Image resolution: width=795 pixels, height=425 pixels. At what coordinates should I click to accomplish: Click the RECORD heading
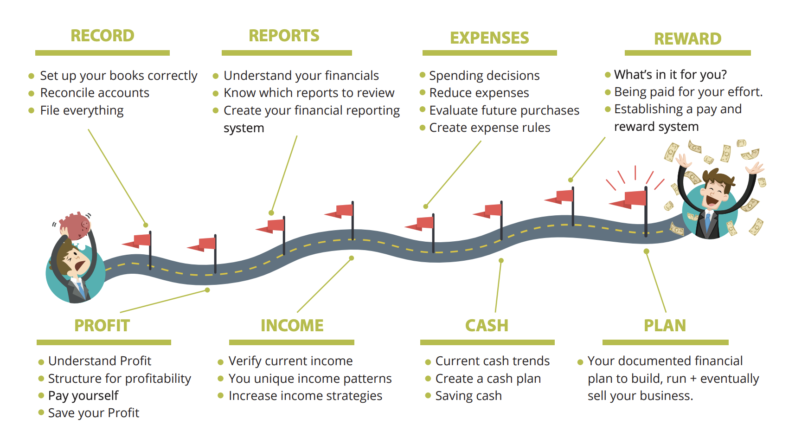click(x=102, y=36)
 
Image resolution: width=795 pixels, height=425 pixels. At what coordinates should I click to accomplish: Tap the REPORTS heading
click(x=284, y=36)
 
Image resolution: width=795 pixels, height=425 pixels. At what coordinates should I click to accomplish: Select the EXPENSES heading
click(x=489, y=38)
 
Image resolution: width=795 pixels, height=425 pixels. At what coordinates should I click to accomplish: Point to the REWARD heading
click(x=687, y=39)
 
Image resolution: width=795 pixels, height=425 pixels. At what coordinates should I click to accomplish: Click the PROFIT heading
click(x=102, y=326)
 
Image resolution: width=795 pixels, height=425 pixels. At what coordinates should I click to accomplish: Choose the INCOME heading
click(x=292, y=326)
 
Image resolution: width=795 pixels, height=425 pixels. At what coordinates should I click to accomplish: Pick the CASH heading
click(x=487, y=326)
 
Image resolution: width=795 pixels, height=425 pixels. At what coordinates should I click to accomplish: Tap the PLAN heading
click(x=665, y=326)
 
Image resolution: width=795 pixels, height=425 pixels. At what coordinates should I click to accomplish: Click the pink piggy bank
click(x=75, y=226)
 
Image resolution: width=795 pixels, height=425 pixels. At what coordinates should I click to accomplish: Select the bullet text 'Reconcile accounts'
click(x=95, y=93)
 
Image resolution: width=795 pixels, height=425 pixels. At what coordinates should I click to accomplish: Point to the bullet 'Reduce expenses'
click(x=479, y=93)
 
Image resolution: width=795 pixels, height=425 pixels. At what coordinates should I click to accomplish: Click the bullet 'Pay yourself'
click(x=83, y=396)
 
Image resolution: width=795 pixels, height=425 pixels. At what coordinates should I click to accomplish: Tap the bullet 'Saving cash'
click(x=468, y=396)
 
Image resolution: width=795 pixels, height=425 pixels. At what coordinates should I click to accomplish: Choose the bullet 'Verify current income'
click(x=291, y=361)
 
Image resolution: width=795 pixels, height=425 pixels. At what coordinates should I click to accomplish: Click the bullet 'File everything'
click(x=82, y=110)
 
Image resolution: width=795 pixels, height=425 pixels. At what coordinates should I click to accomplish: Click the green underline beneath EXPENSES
click(x=489, y=53)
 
